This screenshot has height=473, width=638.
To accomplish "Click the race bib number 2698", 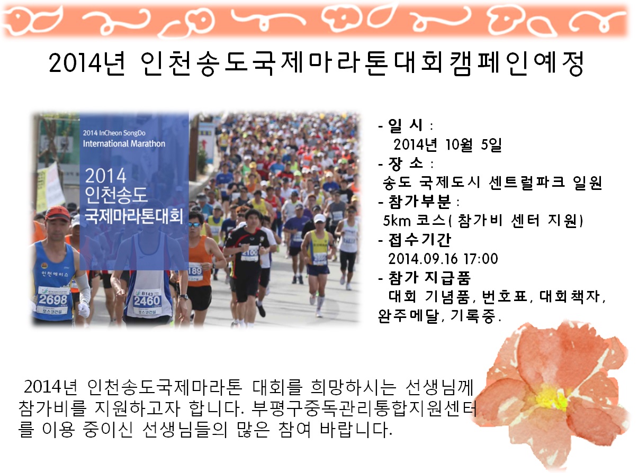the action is [x=53, y=299].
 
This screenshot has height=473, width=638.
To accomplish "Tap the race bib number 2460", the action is [x=147, y=301].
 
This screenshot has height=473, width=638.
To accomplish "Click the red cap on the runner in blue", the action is [x=57, y=213].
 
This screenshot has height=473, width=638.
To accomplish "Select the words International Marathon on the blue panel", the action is [x=124, y=143].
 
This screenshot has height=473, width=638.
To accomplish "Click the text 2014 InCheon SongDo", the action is [x=114, y=133].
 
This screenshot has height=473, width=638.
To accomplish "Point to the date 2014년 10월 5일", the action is [x=447, y=144].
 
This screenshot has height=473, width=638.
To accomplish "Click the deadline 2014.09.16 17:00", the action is [x=443, y=259].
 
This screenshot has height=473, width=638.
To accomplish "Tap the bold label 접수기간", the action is [x=420, y=240].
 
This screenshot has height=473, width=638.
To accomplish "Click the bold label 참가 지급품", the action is [x=429, y=278].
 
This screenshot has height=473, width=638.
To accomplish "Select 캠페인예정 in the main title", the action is [x=516, y=63].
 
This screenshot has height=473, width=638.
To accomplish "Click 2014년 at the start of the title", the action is [x=87, y=63].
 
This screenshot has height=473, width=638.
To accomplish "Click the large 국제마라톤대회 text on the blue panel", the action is [x=133, y=216].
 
